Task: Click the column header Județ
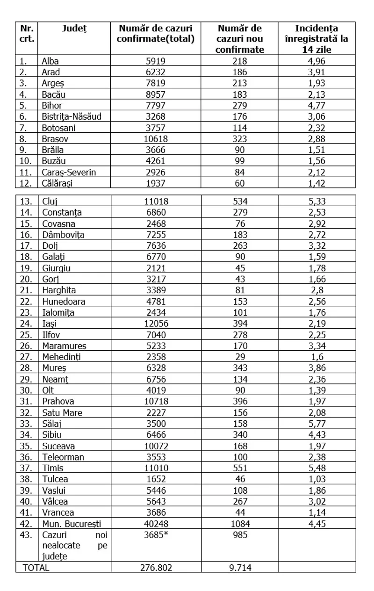(74, 29)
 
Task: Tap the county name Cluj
(49, 202)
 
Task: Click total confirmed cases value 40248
(156, 524)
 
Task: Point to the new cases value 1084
(240, 524)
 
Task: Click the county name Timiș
(52, 468)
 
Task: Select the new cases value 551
(240, 468)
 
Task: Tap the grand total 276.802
(156, 568)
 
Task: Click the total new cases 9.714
(240, 568)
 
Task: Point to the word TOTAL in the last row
(34, 568)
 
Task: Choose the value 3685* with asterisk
(156, 535)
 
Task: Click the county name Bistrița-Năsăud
(72, 117)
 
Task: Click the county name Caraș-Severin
(69, 173)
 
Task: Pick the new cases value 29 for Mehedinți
(240, 356)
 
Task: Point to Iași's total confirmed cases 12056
(156, 323)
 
